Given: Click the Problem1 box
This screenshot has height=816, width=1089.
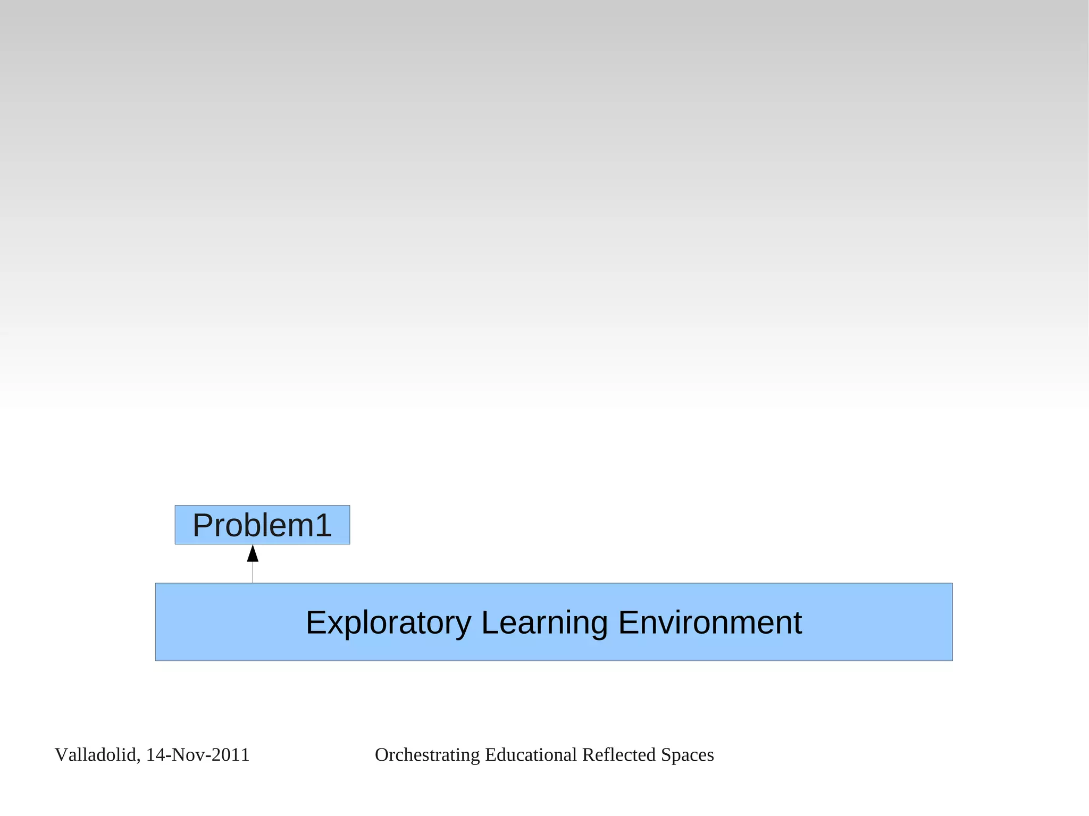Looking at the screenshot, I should [x=262, y=525].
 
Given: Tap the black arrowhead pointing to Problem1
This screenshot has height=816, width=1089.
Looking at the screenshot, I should [x=253, y=554].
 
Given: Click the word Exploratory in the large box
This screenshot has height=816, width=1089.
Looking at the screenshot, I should [x=388, y=622].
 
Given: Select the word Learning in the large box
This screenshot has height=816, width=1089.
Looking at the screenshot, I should [x=544, y=622].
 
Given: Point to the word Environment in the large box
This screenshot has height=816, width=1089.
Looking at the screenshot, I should [x=709, y=622].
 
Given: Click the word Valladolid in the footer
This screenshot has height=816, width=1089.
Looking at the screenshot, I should [x=96, y=755].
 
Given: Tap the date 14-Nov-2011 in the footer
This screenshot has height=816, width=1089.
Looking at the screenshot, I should [x=198, y=755].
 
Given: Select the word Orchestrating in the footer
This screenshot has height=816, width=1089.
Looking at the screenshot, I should [x=428, y=755].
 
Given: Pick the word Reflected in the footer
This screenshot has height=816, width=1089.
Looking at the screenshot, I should [x=619, y=755].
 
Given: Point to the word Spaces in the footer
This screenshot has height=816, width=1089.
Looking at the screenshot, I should [x=687, y=755].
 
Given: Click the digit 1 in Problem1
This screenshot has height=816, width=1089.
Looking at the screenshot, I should [x=323, y=525].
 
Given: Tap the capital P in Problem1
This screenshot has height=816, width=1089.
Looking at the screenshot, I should [x=202, y=525].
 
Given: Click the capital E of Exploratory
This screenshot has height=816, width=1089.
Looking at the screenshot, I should [x=316, y=622].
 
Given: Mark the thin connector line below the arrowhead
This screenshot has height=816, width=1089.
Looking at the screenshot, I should [x=253, y=573].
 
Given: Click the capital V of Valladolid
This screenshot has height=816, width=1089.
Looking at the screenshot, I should [x=61, y=755].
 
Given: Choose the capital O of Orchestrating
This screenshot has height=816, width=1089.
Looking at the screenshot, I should [x=382, y=755].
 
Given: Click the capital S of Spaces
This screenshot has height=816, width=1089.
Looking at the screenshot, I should [x=666, y=755].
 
